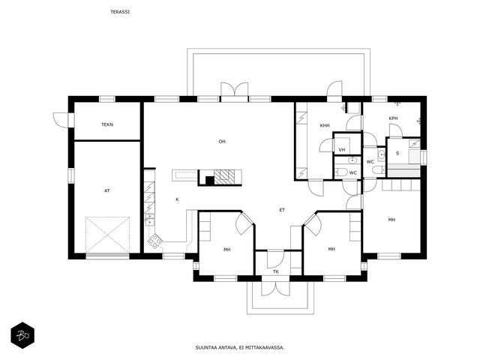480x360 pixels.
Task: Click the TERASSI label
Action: (120, 12)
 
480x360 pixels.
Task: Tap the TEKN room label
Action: (107, 124)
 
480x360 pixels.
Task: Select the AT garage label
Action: (107, 190)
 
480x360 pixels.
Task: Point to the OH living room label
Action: (222, 142)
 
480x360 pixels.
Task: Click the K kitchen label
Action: (177, 199)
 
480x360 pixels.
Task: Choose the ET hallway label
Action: (282, 210)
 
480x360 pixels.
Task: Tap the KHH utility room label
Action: (325, 125)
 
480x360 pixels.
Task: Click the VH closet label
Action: (342, 150)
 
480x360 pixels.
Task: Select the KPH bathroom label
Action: (393, 118)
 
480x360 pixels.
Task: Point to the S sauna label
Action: (397, 153)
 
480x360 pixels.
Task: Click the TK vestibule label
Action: (276, 271)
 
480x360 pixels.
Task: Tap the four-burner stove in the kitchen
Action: (155, 241)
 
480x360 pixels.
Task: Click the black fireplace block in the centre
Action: (210, 181)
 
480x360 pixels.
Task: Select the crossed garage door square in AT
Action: (107, 235)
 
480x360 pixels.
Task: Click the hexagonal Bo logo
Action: (22, 335)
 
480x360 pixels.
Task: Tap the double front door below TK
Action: (275, 288)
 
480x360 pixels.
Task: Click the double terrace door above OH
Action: (235, 90)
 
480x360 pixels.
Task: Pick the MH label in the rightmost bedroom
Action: (391, 220)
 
